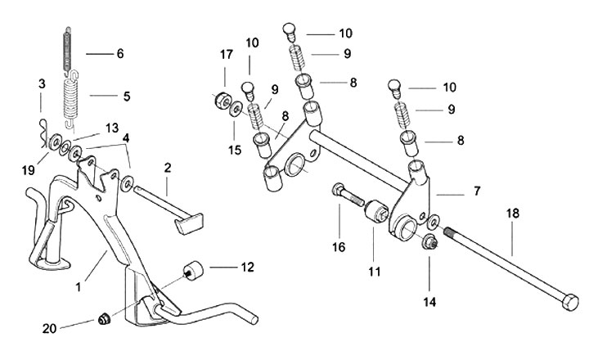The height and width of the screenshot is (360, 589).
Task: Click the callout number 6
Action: tap(119, 54)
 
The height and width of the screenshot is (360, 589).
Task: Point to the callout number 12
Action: tap(247, 267)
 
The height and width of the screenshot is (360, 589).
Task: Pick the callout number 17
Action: tap(227, 55)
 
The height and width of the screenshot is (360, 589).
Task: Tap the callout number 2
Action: tap(167, 168)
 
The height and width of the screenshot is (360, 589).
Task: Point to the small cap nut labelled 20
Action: tap(104, 317)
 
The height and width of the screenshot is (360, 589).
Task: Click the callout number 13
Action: tap(111, 128)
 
